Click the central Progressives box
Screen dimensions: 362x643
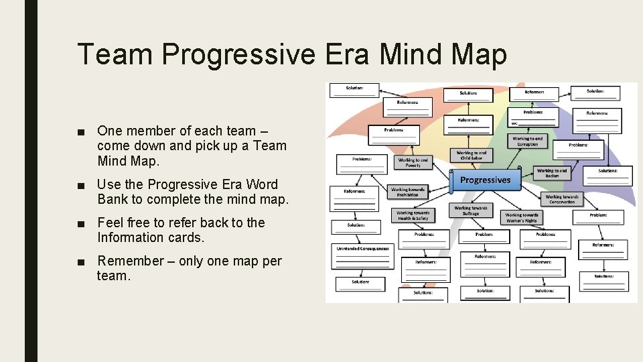(x=485, y=180)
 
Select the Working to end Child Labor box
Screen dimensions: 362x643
(x=472, y=156)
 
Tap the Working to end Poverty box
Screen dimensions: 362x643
(x=413, y=163)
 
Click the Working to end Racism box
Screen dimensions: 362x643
(x=552, y=174)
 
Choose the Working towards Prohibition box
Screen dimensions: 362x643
(x=408, y=192)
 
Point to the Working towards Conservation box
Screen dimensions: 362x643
(x=562, y=199)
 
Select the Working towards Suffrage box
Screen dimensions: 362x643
(x=471, y=210)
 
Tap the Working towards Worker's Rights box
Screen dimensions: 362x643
(x=521, y=218)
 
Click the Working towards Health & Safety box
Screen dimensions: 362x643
(x=413, y=216)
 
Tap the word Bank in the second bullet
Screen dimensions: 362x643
(x=112, y=199)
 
